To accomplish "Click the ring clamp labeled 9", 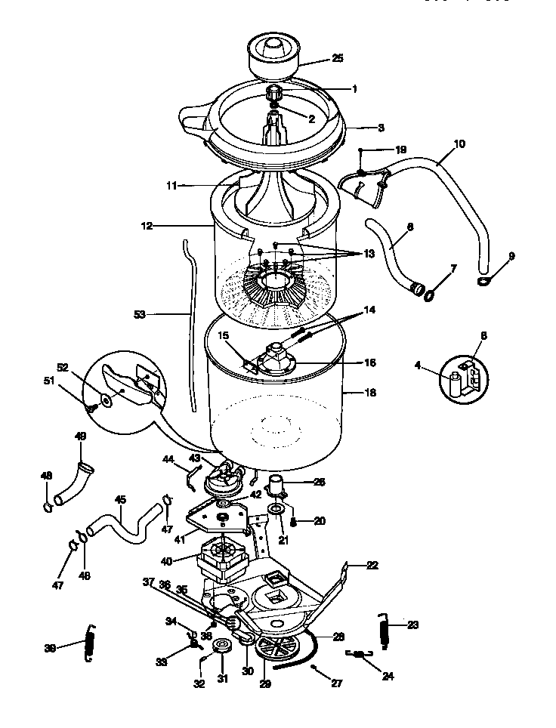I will click(483, 282).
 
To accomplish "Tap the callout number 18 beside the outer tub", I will click(369, 393).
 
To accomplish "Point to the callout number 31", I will click(223, 678).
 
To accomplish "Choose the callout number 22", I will click(372, 565).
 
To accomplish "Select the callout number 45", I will click(120, 499).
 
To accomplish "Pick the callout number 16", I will click(369, 362).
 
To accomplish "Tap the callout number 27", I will click(337, 683).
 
